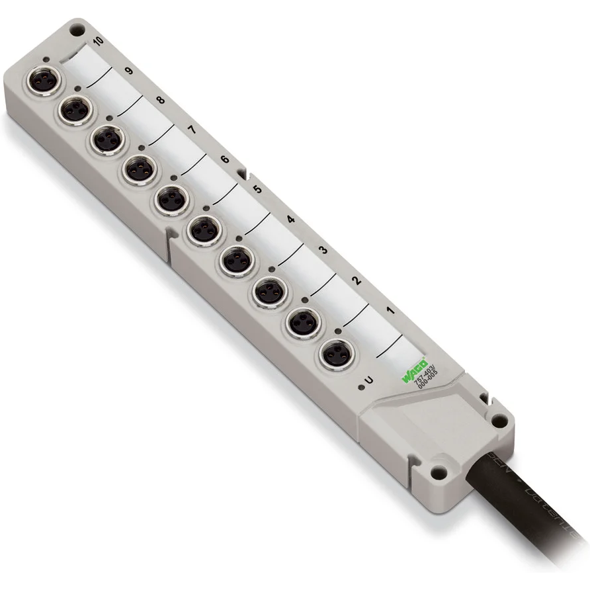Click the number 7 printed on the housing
click(192, 130)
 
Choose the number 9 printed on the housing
click(128, 71)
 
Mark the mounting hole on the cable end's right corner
click(502, 421)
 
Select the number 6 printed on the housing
click(225, 159)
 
